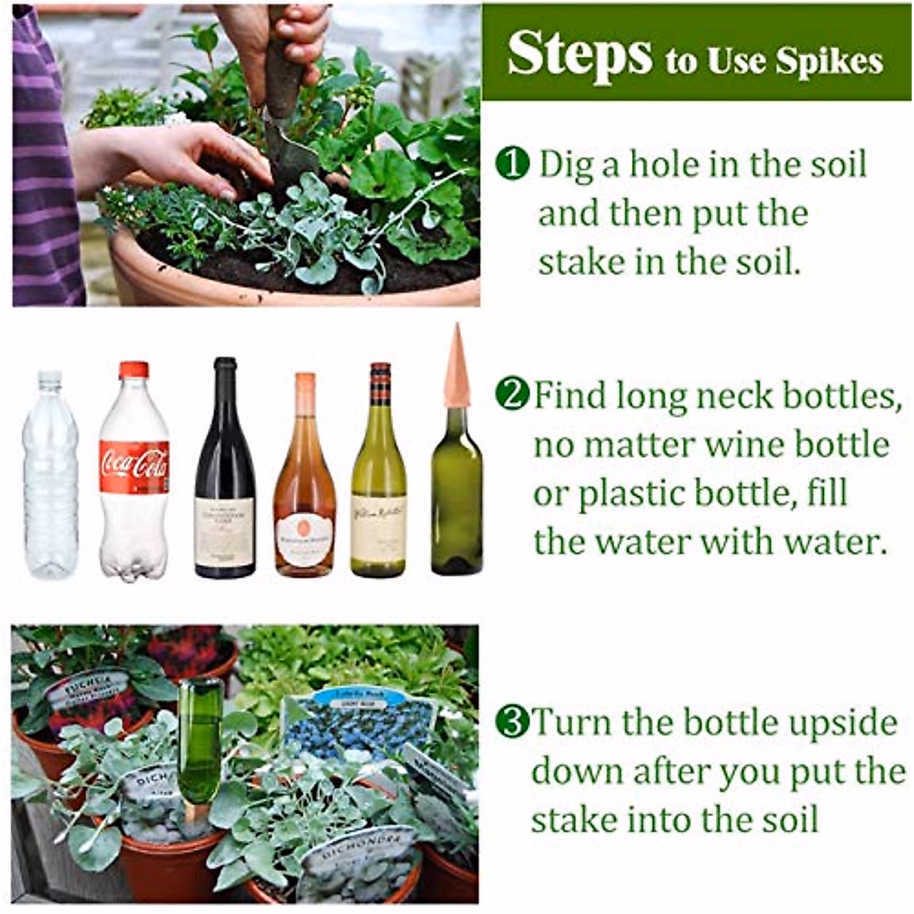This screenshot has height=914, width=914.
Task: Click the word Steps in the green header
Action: coord(580,54)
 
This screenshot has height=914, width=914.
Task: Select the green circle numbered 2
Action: coord(511,395)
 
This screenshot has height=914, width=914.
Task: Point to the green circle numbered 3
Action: coord(511,722)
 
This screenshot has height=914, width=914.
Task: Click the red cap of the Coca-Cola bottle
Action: coord(134,370)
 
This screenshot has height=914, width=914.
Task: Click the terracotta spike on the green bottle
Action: coord(456,366)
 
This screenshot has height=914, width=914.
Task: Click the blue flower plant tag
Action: coord(359,724)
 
